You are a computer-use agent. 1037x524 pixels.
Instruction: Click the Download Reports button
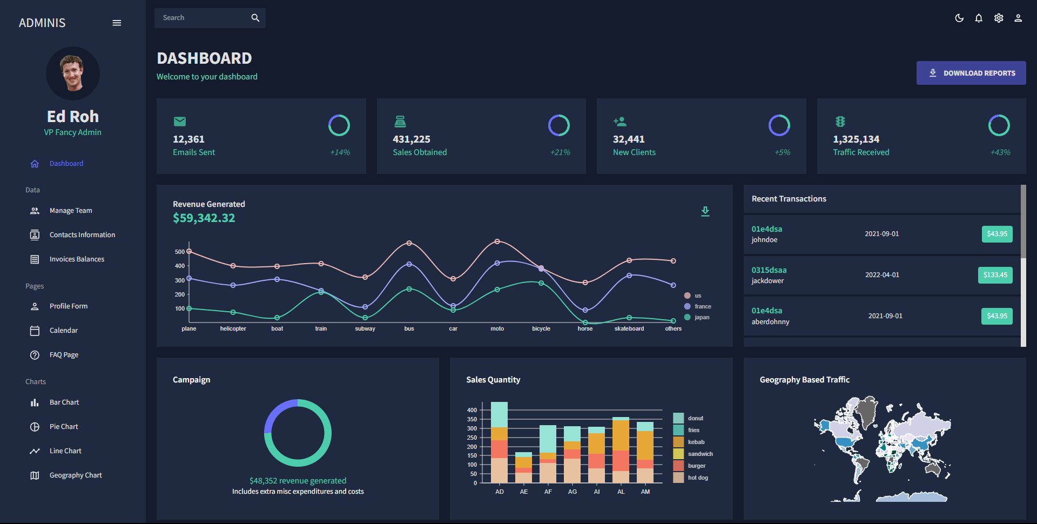click(971, 73)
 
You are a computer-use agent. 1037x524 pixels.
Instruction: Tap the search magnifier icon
click(255, 18)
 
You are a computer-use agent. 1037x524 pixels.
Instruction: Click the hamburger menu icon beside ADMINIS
click(117, 23)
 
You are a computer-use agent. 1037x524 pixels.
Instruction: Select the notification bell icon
click(979, 18)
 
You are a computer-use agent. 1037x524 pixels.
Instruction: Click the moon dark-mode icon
click(959, 18)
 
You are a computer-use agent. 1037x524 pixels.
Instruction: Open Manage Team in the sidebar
click(71, 211)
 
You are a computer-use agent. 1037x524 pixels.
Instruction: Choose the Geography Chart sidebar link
click(76, 475)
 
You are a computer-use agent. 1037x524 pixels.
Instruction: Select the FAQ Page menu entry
click(64, 355)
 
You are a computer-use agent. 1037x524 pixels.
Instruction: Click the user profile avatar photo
click(73, 73)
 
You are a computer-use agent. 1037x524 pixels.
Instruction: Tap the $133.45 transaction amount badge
click(995, 275)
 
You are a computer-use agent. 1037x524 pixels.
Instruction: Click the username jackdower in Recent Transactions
click(767, 281)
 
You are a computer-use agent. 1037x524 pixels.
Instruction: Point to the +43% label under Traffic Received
click(1000, 152)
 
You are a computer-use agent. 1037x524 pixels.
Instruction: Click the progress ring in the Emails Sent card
click(339, 125)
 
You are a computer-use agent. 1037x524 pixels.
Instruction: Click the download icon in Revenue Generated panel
click(705, 211)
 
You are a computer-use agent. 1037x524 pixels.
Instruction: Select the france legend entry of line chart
click(702, 306)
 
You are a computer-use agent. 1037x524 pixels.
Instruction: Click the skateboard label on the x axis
click(629, 328)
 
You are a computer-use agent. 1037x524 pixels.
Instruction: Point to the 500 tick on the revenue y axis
click(179, 252)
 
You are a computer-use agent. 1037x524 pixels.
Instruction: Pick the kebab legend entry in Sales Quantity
click(696, 442)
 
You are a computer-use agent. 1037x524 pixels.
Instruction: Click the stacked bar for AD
click(499, 443)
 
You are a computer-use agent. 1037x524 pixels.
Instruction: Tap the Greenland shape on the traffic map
click(868, 412)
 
